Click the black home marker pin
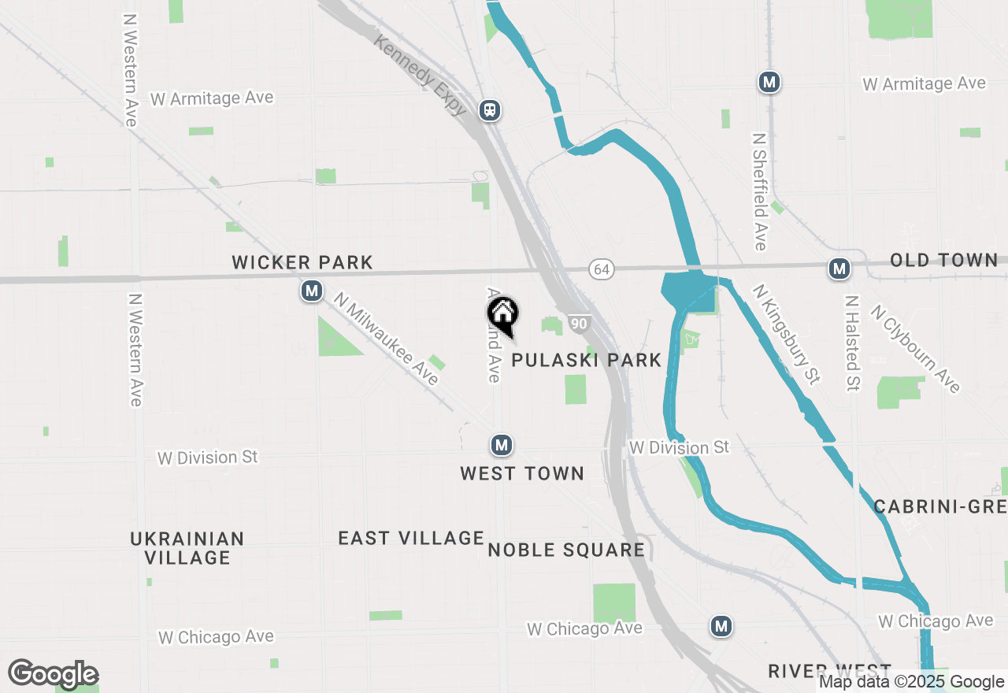pos(502,314)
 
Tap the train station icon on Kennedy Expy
pos(490,110)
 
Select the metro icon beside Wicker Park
pos(312,291)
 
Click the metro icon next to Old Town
pos(839,269)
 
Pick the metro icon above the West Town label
pos(501,446)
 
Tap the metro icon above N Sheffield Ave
pos(769,82)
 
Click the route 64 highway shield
pos(602,270)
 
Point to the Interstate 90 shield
pos(579,324)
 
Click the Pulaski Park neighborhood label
pos(587,361)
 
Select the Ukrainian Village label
pos(187,548)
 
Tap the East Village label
pos(411,538)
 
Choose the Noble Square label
pos(566,550)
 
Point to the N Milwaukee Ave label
pos(385,339)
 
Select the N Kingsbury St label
pos(786,335)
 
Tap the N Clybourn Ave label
pos(916,349)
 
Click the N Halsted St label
pos(852,343)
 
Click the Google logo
pos(53,675)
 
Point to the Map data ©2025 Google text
pos(911,682)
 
